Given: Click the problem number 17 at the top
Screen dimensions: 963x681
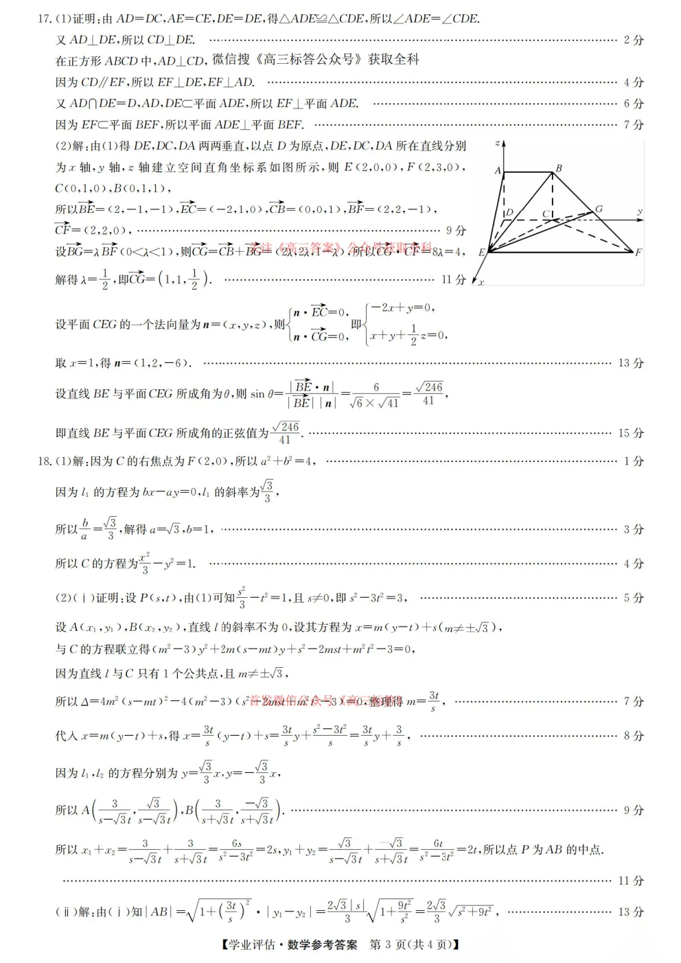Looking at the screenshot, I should tap(43, 19).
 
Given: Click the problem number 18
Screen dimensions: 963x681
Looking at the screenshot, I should tap(43, 461).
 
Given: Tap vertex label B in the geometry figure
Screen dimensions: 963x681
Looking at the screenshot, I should tap(559, 168).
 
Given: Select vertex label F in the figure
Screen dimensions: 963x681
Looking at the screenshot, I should tap(638, 252).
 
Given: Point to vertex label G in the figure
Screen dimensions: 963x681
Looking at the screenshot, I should tap(599, 209).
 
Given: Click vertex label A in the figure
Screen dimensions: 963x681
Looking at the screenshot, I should tap(498, 171).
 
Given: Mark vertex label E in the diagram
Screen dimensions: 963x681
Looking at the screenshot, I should tap(482, 252).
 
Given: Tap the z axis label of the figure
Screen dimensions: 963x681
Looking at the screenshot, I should tap(497, 144).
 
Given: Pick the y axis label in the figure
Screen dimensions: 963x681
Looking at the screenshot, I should tap(640, 212).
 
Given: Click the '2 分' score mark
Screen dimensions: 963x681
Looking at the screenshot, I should tap(634, 40).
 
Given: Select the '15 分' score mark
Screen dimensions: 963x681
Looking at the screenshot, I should tap(631, 433).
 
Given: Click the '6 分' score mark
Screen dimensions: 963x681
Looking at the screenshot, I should tap(634, 104).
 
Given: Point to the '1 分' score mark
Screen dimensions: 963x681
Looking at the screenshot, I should tap(634, 461).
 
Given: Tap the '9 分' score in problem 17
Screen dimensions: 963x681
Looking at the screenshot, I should tap(456, 231).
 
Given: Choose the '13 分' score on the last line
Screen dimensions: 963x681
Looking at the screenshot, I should tap(631, 912).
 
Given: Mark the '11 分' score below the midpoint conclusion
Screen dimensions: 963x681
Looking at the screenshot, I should tap(631, 881).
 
